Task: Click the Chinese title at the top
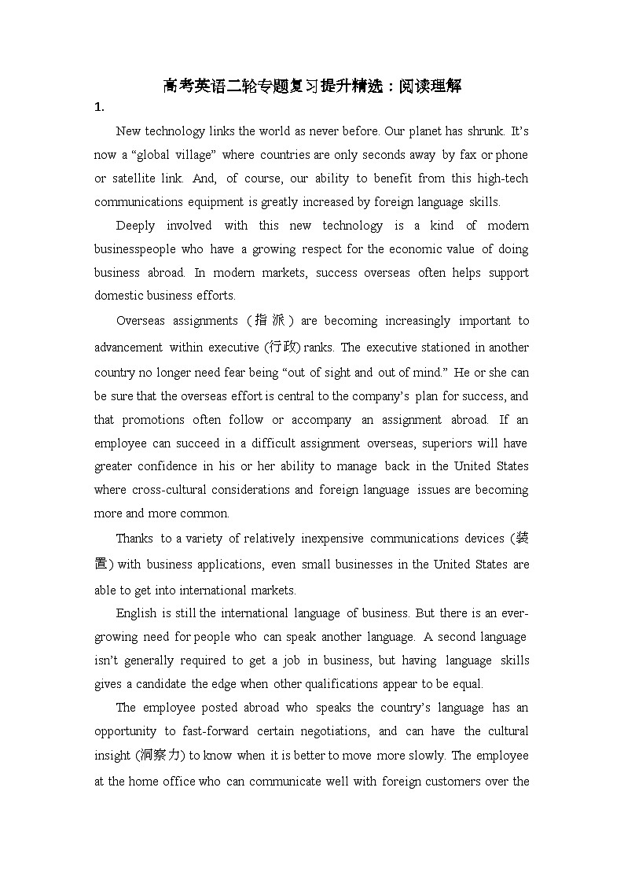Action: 312,86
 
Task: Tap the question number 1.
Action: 98,107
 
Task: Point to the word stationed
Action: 435,348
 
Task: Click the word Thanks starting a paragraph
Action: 134,539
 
